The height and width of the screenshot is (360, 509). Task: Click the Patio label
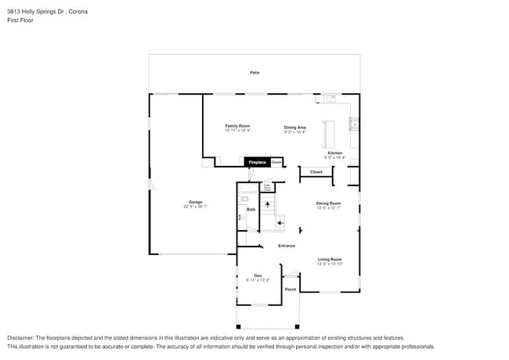click(254, 73)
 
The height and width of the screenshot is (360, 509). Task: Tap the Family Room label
click(237, 126)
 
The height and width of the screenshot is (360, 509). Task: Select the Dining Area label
click(294, 127)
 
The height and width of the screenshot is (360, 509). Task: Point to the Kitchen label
click(335, 153)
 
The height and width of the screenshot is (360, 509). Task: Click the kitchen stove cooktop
click(354, 123)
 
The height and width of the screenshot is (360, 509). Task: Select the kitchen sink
click(330, 99)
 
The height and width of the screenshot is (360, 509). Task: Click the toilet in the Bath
click(244, 200)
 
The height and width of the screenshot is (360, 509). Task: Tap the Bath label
click(251, 210)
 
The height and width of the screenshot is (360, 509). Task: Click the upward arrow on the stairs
click(267, 205)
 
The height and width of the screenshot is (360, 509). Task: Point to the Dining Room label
click(329, 203)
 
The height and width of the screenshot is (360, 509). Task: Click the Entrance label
click(287, 246)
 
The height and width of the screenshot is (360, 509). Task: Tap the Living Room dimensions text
click(329, 264)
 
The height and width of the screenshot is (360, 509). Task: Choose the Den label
click(258, 275)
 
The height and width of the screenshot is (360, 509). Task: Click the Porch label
click(291, 289)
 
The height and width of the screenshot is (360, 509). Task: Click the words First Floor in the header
click(20, 20)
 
